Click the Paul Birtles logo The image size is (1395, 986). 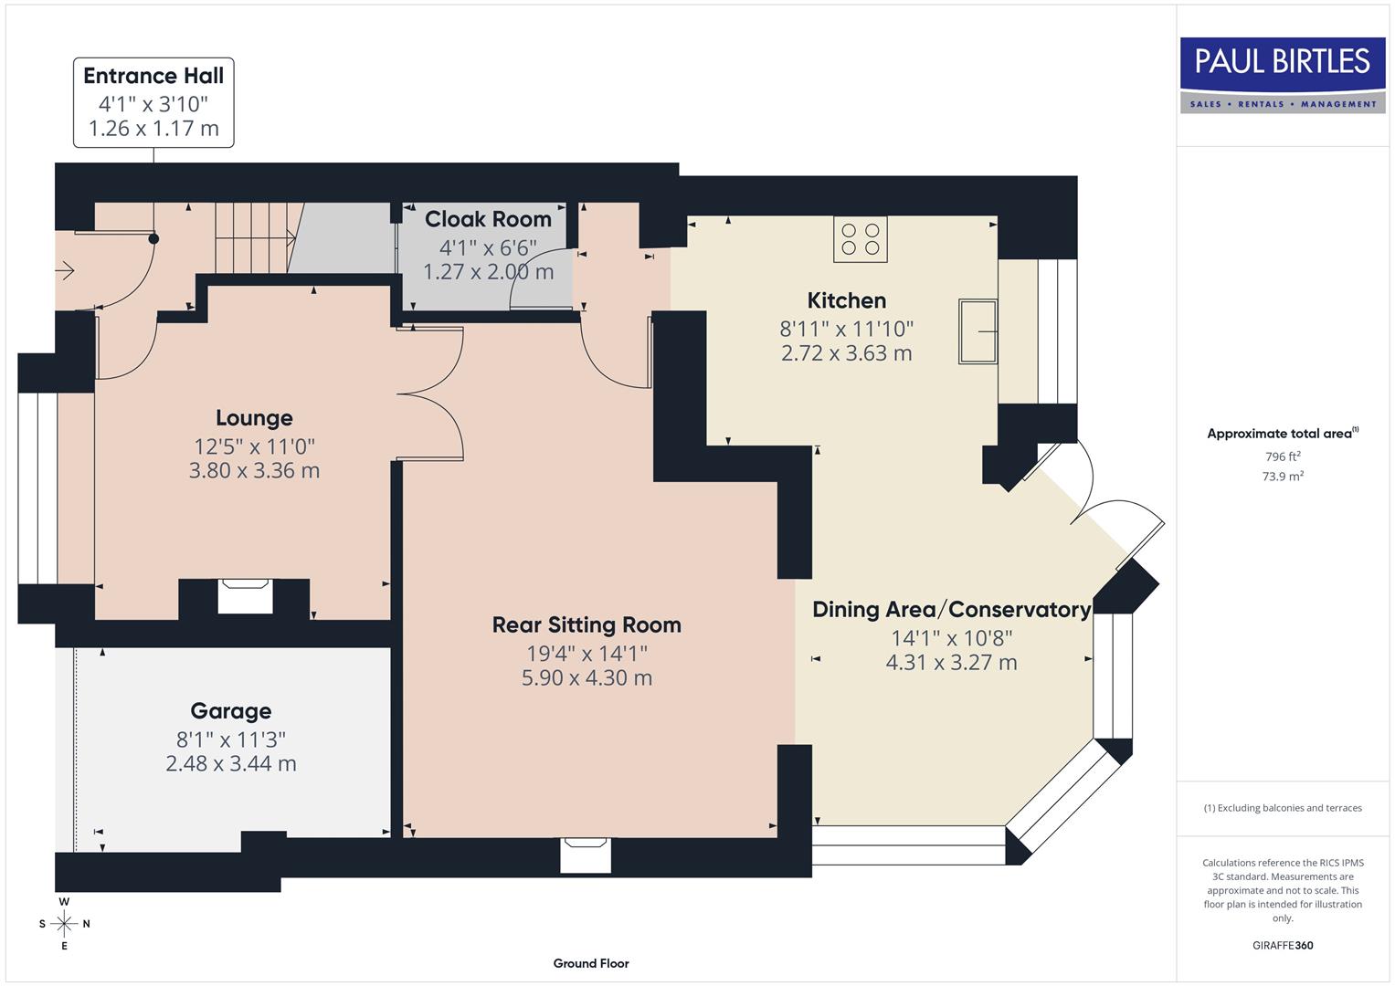1283,75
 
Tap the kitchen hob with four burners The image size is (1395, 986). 860,239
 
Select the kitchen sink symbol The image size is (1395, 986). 978,331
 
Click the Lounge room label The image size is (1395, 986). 254,418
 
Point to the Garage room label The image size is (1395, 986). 230,711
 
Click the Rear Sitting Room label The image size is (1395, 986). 587,625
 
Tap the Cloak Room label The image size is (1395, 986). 488,219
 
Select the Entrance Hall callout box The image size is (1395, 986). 153,102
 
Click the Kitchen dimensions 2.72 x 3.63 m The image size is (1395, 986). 846,353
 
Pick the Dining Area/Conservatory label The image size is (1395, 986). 951,610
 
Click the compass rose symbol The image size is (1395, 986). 64,924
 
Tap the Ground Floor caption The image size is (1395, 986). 591,963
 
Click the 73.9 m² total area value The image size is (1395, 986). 1283,476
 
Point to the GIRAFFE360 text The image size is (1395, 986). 1283,945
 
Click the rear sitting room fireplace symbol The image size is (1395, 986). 586,855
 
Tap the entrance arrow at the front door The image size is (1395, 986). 65,270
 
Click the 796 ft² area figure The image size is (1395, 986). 1283,456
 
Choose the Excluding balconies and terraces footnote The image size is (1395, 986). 1283,808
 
